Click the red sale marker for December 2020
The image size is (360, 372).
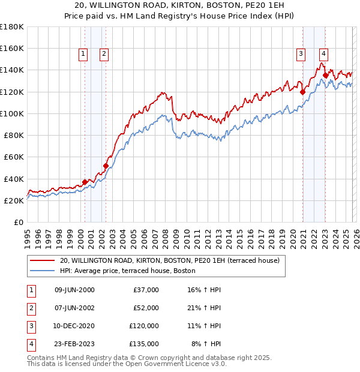click(302, 92)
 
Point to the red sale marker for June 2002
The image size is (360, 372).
click(106, 166)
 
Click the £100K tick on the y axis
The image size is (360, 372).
click(12, 113)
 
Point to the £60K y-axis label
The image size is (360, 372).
click(14, 157)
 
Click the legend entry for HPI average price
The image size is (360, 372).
click(127, 271)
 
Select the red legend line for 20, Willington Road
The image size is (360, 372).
click(42, 260)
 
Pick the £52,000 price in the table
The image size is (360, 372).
click(146, 307)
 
